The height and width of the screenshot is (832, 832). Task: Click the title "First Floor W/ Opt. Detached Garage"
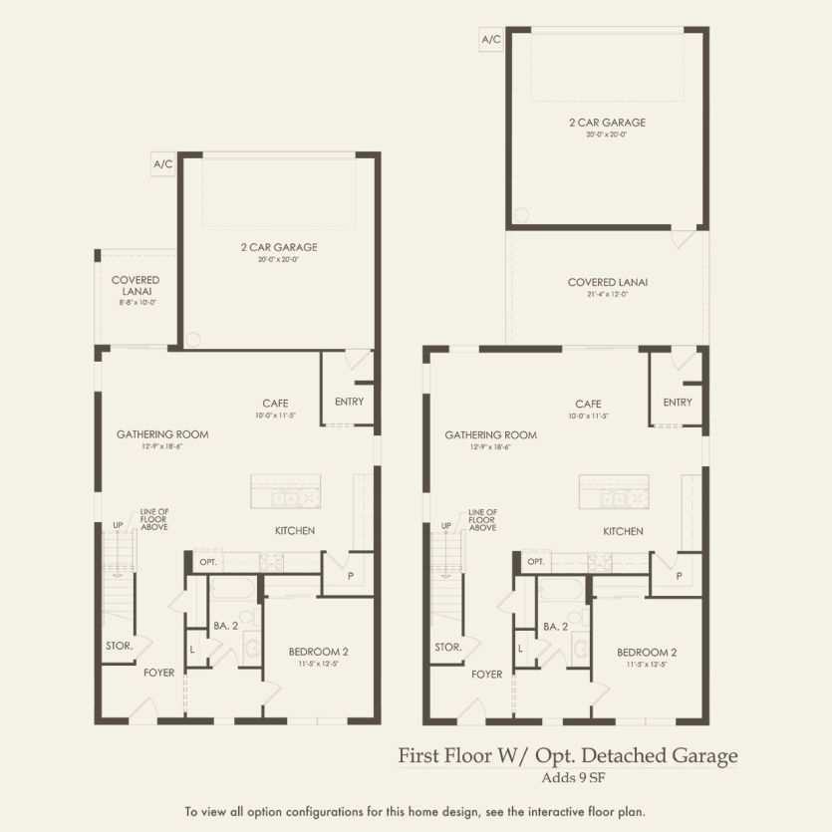click(568, 755)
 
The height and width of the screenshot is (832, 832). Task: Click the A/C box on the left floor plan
click(163, 163)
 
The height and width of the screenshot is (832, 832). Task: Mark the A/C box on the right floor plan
click(491, 40)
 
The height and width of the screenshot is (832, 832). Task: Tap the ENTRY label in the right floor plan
click(678, 402)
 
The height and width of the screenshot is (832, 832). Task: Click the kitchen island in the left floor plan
click(285, 492)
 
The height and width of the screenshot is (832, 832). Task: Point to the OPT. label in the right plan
click(536, 562)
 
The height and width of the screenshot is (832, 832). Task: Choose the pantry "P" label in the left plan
click(351, 576)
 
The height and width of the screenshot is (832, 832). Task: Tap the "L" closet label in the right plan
click(520, 649)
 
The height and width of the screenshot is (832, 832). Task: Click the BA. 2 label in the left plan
click(226, 626)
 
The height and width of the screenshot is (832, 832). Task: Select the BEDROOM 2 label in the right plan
click(647, 652)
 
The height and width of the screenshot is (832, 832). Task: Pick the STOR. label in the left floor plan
click(120, 646)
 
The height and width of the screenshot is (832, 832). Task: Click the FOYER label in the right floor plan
click(487, 674)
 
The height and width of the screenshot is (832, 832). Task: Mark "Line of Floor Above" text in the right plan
click(482, 519)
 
